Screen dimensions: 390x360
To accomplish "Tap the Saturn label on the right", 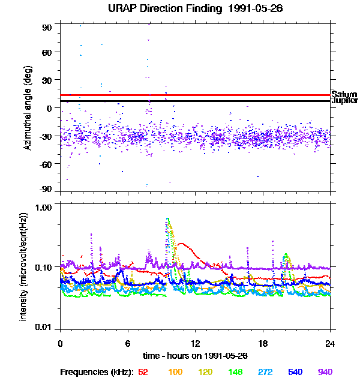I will [344, 95].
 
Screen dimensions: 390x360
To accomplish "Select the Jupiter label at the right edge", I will [344, 101].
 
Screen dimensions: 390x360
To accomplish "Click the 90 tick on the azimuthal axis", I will [47, 28].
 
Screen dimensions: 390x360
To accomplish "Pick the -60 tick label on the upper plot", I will [46, 163].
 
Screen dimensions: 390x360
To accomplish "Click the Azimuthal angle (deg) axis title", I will [27, 108].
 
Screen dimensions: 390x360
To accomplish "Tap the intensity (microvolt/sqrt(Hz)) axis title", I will [24, 266].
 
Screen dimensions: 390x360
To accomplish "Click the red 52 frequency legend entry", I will [143, 372].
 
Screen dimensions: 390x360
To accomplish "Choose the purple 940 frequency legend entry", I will [325, 372].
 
